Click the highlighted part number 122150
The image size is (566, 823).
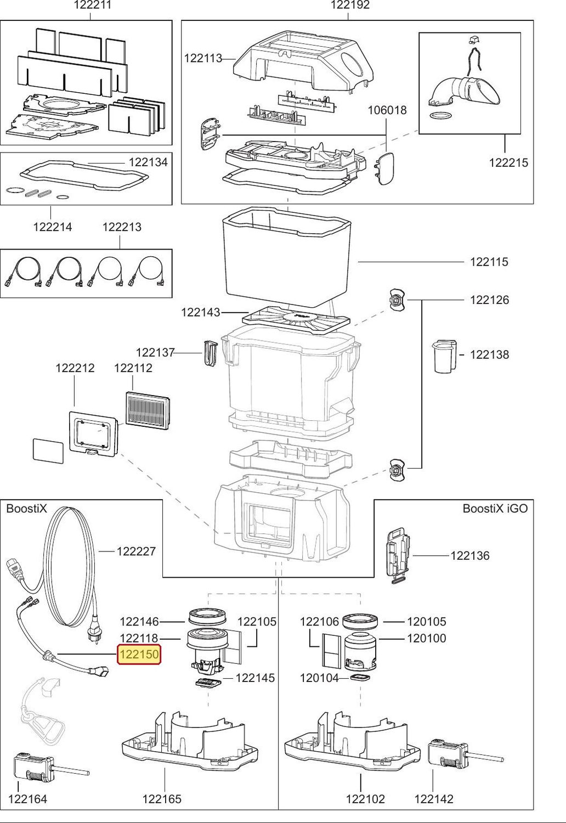pyautogui.click(x=139, y=654)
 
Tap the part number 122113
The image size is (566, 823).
pyautogui.click(x=203, y=58)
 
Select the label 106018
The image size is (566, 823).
pyautogui.click(x=387, y=110)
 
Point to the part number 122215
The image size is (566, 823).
pyautogui.click(x=508, y=162)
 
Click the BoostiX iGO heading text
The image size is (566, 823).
pyautogui.click(x=495, y=509)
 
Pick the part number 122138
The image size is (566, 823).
pyautogui.click(x=490, y=354)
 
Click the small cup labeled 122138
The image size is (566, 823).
pyautogui.click(x=444, y=357)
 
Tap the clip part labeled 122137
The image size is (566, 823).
pyautogui.click(x=210, y=353)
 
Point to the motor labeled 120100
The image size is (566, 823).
pyautogui.click(x=360, y=651)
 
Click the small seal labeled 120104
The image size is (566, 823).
pyautogui.click(x=360, y=678)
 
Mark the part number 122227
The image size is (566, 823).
pyautogui.click(x=136, y=551)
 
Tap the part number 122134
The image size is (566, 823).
pyautogui.click(x=148, y=162)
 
